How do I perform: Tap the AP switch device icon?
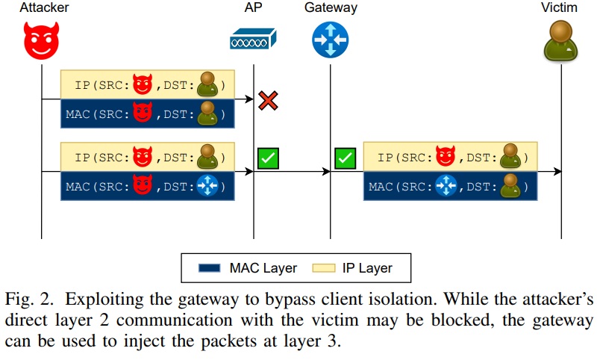click(x=253, y=40)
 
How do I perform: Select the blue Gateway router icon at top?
click(x=331, y=40)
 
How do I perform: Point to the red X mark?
click(x=268, y=100)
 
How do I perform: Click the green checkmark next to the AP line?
click(x=268, y=158)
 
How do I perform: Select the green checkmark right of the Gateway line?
click(x=345, y=158)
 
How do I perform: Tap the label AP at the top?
click(x=253, y=8)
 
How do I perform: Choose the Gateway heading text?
click(x=331, y=8)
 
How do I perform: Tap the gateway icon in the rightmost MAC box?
click(x=446, y=184)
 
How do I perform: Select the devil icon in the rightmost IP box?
click(x=446, y=157)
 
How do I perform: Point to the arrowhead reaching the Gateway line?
click(x=325, y=172)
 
